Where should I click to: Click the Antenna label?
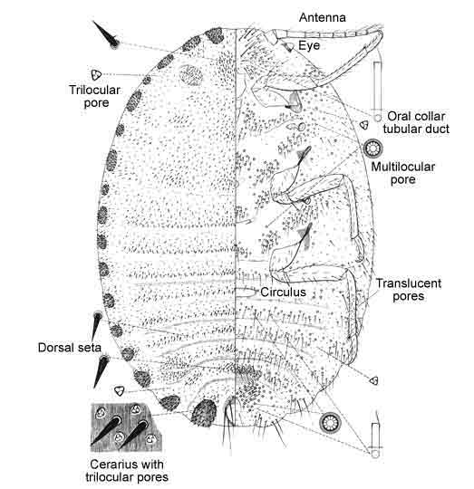(323, 17)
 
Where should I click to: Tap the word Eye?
(309, 45)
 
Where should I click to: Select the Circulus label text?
(283, 292)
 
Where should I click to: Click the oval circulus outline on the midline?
(245, 292)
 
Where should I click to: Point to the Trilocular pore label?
(95, 96)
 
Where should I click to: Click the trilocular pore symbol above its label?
(96, 75)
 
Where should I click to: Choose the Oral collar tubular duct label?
(416, 122)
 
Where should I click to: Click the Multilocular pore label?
(402, 173)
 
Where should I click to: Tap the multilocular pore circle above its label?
(373, 149)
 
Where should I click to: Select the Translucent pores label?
(409, 290)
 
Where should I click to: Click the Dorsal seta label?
(70, 348)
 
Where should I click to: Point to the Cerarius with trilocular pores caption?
(127, 471)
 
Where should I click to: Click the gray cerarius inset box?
(125, 427)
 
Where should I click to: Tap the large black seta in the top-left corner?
(106, 34)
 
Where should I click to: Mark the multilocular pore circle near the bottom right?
(330, 423)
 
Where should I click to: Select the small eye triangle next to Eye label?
(288, 47)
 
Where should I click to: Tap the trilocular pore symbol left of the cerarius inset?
(120, 391)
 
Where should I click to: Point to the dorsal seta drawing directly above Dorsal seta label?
(96, 325)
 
